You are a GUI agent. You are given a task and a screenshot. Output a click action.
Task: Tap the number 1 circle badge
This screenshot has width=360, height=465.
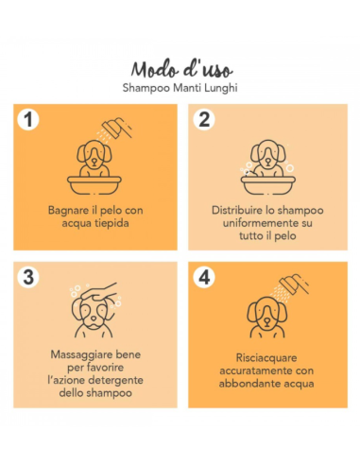pyautogui.click(x=28, y=120)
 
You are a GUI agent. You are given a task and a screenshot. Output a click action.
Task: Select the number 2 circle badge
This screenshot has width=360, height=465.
pyautogui.click(x=204, y=120)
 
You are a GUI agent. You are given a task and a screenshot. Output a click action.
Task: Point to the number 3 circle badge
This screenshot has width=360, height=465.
pyautogui.click(x=28, y=278)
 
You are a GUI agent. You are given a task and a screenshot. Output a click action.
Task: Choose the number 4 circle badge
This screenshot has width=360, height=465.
pyautogui.click(x=204, y=278)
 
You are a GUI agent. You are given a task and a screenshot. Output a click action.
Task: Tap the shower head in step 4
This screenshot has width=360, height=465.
pyautogui.click(x=294, y=284)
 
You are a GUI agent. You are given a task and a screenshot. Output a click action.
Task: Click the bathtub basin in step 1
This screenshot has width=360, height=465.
pyautogui.click(x=94, y=185)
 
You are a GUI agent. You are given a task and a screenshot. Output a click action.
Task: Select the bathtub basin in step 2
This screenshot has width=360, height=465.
pyautogui.click(x=268, y=185)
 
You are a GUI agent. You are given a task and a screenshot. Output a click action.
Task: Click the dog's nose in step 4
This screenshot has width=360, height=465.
pyautogui.click(x=266, y=320)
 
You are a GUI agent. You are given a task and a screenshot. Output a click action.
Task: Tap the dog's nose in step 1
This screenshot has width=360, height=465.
pyautogui.click(x=94, y=160)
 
